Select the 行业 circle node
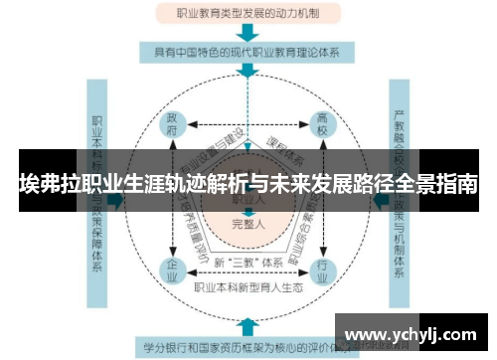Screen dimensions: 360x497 pos(322,269)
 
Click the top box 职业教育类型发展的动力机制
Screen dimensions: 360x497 pos(248,14)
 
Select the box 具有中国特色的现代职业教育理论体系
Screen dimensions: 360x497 pos(248,50)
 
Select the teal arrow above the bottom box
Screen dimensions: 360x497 pos(248,326)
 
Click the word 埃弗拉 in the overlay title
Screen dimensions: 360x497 pos(47,184)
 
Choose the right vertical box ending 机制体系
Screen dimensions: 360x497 pos(400,199)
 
